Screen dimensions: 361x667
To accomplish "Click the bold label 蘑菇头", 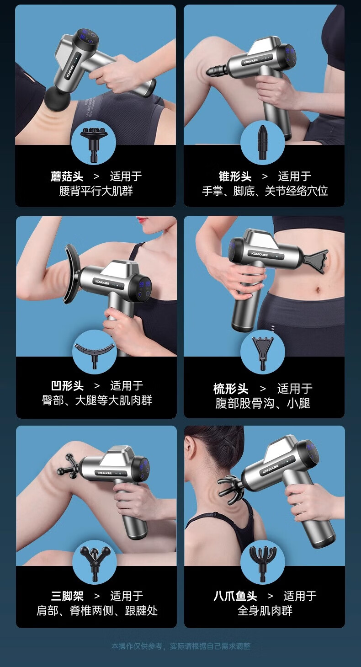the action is pyautogui.click(x=67, y=176).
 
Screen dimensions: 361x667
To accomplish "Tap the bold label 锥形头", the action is pyautogui.click(x=235, y=176).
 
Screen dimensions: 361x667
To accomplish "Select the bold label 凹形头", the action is pyautogui.click(x=67, y=386).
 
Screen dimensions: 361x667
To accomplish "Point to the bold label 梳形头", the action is pyautogui.click(x=231, y=389).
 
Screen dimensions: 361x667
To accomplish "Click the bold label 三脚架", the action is pyautogui.click(x=67, y=596).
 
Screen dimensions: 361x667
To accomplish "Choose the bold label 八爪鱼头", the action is pyautogui.click(x=235, y=596).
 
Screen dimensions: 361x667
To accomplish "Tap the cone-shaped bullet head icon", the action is pyautogui.click(x=262, y=142).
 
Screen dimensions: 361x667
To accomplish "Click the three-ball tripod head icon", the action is pyautogui.click(x=94, y=563).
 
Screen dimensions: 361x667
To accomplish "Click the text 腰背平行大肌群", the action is pyautogui.click(x=96, y=191).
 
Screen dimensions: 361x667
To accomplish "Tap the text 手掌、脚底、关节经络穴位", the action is pyautogui.click(x=265, y=191).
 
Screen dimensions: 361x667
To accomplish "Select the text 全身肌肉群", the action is pyautogui.click(x=265, y=611).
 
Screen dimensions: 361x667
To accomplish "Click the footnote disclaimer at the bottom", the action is pyautogui.click(x=181, y=646).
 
